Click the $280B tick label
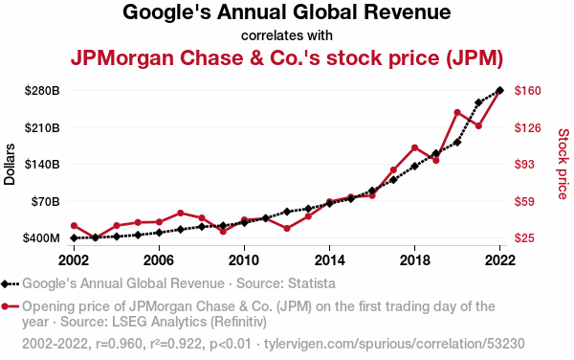click(x=42, y=90)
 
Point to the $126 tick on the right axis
click(x=527, y=127)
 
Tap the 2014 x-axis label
click(x=329, y=260)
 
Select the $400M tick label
click(x=41, y=238)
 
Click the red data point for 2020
click(x=457, y=112)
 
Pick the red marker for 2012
click(x=287, y=229)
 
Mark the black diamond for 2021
click(x=478, y=102)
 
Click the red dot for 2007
click(x=180, y=214)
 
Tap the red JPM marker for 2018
click(x=415, y=148)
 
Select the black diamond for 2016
click(x=372, y=191)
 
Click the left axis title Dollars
click(x=10, y=164)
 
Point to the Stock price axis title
click(x=563, y=164)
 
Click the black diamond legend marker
click(x=5, y=284)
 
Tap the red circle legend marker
click(x=5, y=306)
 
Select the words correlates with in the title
click(x=287, y=35)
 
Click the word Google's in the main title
click(x=166, y=12)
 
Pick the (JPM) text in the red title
click(x=475, y=57)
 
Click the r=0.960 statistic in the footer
click(x=119, y=344)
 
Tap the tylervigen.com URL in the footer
click(x=394, y=344)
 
